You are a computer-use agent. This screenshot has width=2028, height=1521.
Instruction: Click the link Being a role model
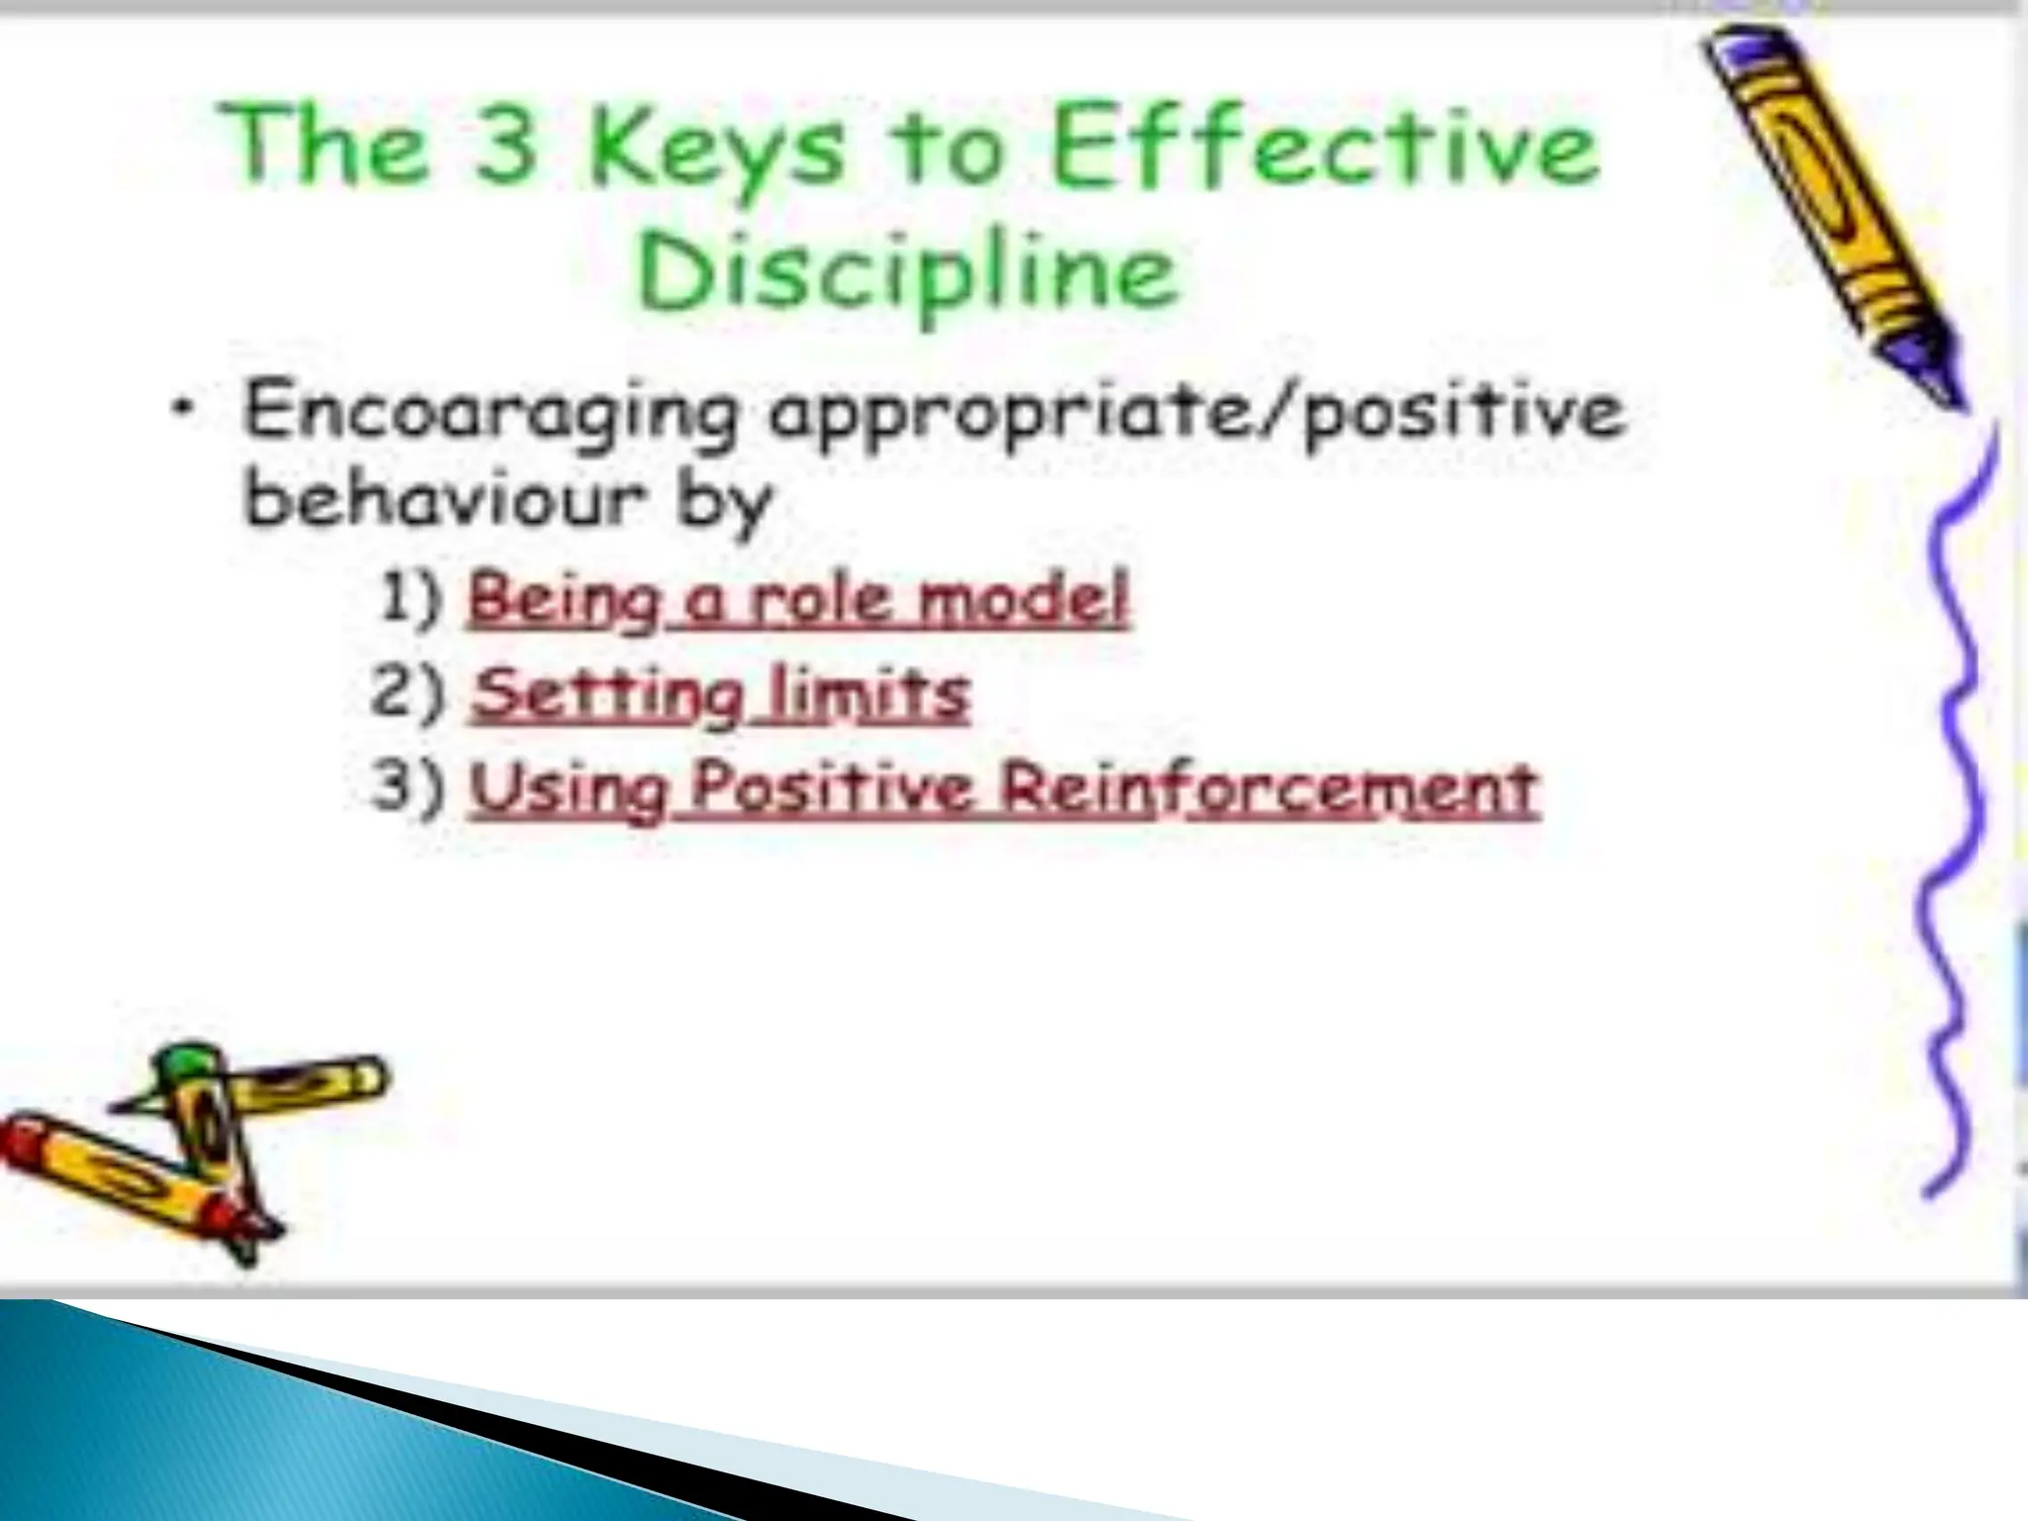[x=797, y=600]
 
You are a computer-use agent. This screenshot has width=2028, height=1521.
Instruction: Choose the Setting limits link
[x=720, y=695]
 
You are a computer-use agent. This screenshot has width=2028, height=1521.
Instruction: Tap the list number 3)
[x=407, y=790]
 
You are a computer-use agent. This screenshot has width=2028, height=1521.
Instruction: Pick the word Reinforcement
[x=1267, y=790]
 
